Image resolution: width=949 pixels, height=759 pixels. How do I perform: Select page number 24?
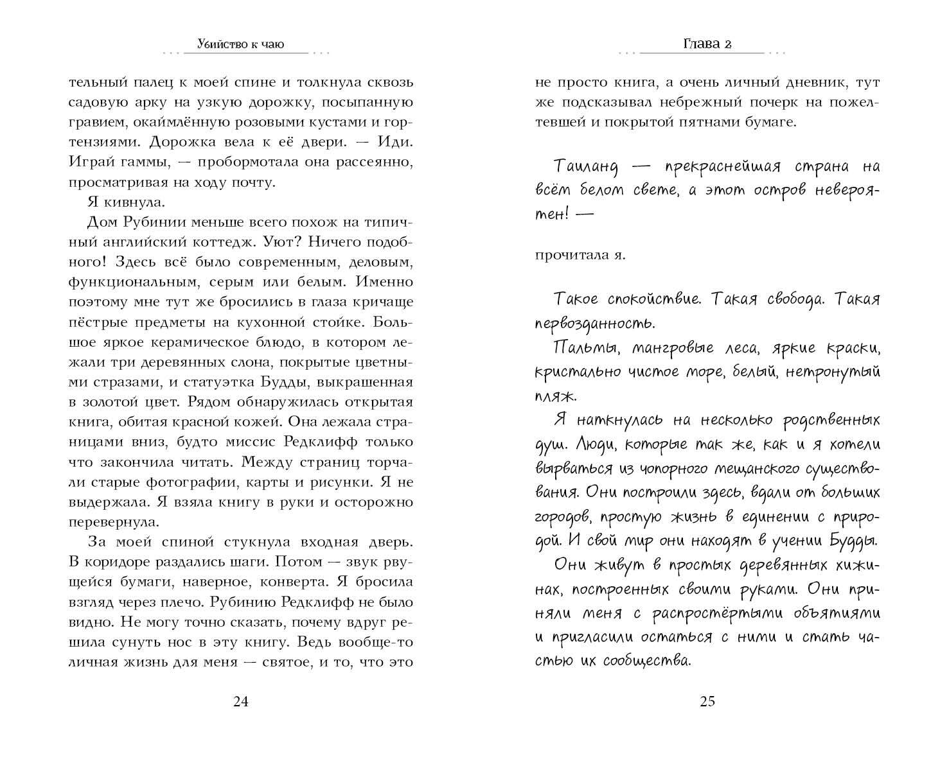coord(240,701)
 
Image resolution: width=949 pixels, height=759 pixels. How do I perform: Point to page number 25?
coord(707,701)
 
